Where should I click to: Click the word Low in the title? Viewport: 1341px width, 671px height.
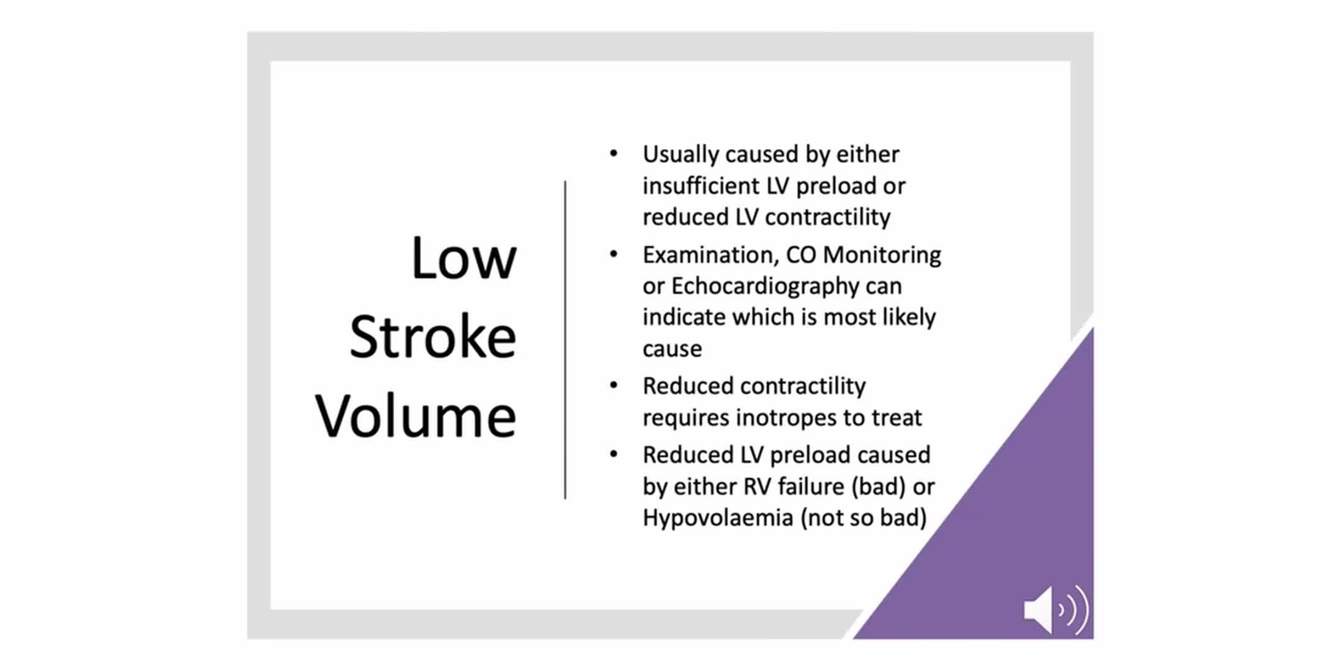[x=464, y=258]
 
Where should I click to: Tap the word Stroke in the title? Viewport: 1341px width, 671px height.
[x=433, y=337]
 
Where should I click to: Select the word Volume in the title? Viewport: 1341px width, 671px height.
[x=415, y=416]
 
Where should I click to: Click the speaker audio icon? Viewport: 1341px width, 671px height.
[x=1056, y=609]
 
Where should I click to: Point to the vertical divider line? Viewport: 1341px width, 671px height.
[x=565, y=340]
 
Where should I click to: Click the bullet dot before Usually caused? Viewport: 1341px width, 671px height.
[x=613, y=153]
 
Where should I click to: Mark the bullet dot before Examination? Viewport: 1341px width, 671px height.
[x=613, y=253]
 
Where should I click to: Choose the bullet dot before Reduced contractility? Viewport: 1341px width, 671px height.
[x=613, y=385]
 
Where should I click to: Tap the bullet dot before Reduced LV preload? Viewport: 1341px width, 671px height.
[x=613, y=454]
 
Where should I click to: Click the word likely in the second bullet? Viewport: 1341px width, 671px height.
[x=909, y=317]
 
